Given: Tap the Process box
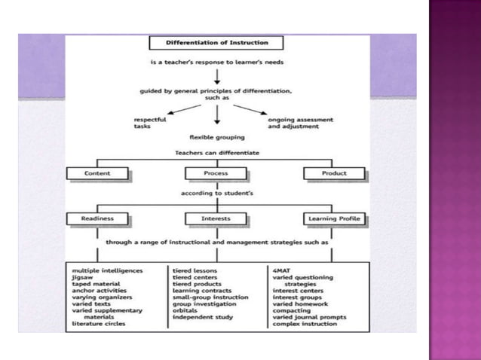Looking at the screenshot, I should [x=216, y=173].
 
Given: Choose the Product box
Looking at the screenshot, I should [x=334, y=173].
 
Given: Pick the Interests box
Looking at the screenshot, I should [x=216, y=219].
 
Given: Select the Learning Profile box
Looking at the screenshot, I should [x=334, y=219].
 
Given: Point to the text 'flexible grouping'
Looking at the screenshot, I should [x=216, y=138].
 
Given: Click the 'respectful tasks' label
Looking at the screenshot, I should [x=150, y=123].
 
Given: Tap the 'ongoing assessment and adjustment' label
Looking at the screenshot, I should [x=301, y=123].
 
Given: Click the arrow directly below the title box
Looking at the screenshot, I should [x=216, y=75].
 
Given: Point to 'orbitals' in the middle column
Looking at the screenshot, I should [x=185, y=310].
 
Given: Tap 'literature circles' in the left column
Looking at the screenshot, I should [x=99, y=324].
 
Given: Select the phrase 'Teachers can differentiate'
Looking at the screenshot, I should [x=216, y=153].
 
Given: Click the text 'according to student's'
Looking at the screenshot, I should [x=216, y=194].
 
